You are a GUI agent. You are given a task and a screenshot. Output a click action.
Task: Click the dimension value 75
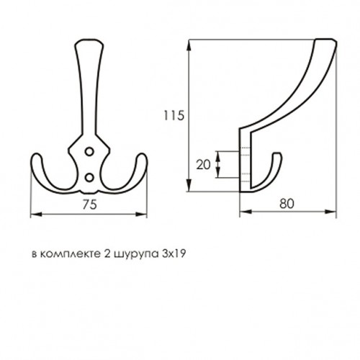tap(90, 204)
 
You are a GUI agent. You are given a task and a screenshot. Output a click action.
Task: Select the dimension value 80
tap(288, 204)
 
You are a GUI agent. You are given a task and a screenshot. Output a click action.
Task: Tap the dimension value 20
tap(204, 163)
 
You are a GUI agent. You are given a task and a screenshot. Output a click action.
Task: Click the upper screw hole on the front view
tap(90, 151)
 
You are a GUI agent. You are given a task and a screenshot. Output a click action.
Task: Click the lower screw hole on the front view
tap(90, 175)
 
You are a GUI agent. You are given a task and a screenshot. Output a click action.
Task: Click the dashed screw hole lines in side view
tap(244, 163)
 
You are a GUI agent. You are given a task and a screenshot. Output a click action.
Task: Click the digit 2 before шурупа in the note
tap(107, 254)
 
